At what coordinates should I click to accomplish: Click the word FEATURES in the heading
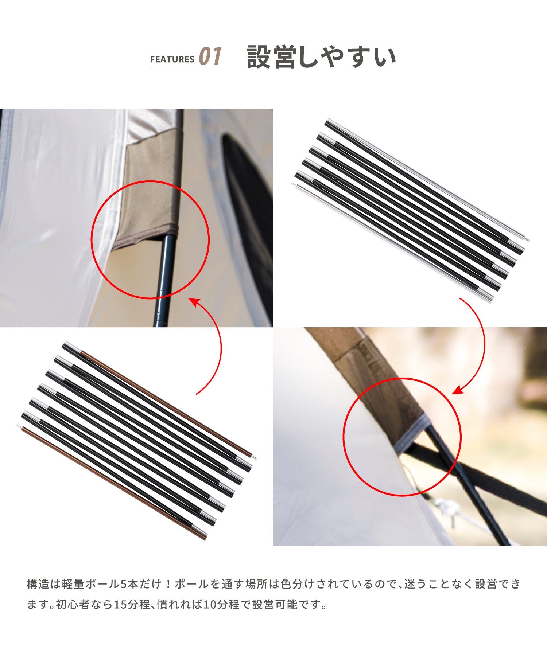pos(172,59)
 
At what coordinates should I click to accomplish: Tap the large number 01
pos(210,56)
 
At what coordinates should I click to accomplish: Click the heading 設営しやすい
pos(321,57)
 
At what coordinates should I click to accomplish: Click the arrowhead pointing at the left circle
pos(193,302)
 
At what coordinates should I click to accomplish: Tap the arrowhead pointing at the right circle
pos(458,391)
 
